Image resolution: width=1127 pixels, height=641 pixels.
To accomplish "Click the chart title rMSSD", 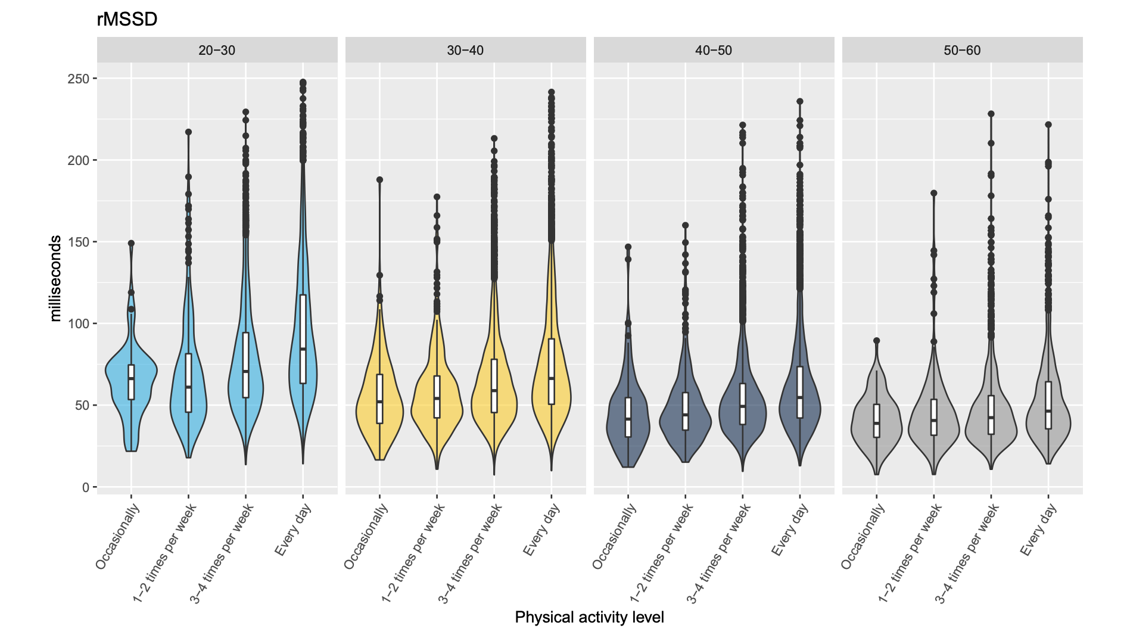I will (127, 19).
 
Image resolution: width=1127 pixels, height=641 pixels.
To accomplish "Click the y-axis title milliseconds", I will (55, 278).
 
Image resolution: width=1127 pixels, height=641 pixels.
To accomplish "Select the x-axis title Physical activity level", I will (589, 617).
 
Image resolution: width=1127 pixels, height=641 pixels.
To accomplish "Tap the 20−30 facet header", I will (217, 50).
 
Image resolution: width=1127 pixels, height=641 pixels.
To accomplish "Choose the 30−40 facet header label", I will (465, 50).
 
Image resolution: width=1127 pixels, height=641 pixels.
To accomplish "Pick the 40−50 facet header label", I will (714, 50).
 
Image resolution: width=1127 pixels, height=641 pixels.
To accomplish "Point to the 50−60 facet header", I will (962, 50).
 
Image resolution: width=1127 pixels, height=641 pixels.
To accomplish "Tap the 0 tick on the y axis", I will (85, 487).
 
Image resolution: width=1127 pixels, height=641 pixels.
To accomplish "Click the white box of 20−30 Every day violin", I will (303, 339).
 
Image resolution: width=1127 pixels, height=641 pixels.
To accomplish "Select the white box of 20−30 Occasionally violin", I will (131, 382).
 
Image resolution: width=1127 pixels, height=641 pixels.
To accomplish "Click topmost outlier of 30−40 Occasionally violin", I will (379, 179).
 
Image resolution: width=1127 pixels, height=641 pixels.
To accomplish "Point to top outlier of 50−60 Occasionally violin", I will (876, 341).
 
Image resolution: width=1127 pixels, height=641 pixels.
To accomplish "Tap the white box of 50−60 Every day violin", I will (1048, 405).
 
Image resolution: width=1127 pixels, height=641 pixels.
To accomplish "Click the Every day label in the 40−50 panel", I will (790, 530).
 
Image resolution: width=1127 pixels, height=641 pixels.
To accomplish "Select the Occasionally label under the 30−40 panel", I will (367, 536).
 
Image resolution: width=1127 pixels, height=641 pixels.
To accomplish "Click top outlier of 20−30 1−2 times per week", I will (188, 132).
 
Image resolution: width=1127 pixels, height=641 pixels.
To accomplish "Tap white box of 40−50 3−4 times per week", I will (743, 403).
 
